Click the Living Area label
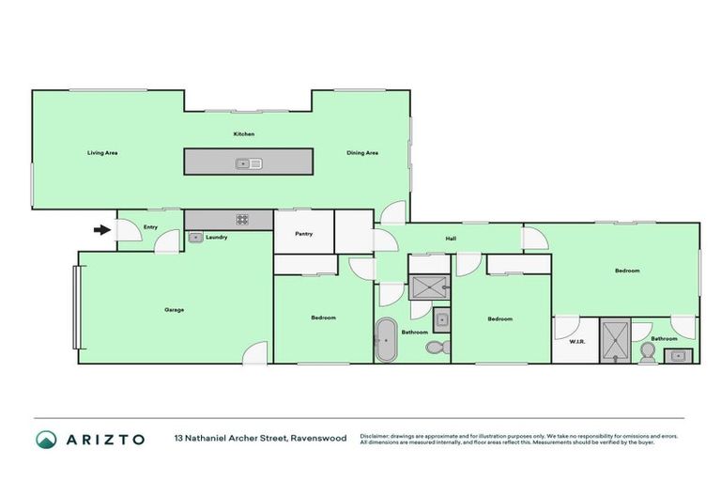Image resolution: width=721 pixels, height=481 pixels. [x=102, y=153]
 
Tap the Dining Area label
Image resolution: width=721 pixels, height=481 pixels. [x=362, y=153]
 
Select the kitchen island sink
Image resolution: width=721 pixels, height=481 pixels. [x=249, y=163]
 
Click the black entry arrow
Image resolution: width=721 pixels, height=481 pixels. [x=100, y=228]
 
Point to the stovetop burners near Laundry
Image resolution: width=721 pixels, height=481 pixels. [x=242, y=219]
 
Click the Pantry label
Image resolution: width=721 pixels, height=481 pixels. [x=303, y=234]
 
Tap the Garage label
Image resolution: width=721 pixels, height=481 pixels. [x=174, y=309]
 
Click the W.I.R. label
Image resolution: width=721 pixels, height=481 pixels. [x=577, y=341]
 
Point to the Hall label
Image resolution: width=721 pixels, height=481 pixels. [x=451, y=239]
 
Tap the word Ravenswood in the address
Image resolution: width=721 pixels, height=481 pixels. [x=318, y=439]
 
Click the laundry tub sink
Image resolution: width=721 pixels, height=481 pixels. [x=195, y=238]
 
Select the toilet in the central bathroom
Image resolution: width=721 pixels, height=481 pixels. [x=435, y=348]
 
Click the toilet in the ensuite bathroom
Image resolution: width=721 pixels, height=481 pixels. [x=647, y=353]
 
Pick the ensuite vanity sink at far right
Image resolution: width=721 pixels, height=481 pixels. [x=678, y=356]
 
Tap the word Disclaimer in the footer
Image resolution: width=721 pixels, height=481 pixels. [x=376, y=436]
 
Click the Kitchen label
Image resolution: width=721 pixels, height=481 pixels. [x=244, y=134]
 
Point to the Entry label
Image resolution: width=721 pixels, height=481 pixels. [x=150, y=227]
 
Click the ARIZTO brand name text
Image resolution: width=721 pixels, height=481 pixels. [x=105, y=440]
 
